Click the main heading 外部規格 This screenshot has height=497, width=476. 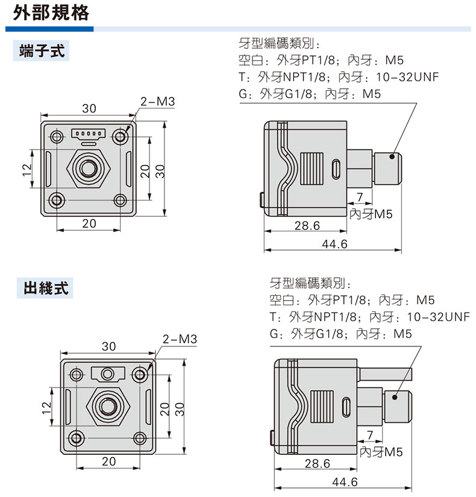tap(51, 13)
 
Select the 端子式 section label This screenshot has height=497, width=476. tap(42, 51)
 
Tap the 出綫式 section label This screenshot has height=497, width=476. tap(46, 288)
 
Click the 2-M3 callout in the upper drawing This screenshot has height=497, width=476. tap(158, 101)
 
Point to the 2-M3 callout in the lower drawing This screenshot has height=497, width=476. tap(180, 339)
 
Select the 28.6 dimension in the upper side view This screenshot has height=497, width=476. tap(307, 225)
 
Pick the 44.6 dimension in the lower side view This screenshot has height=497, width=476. tap(345, 482)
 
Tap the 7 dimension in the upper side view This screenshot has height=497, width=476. tap(359, 197)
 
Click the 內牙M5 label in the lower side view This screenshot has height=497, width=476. tap(381, 452)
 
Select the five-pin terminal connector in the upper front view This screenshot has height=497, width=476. tap(89, 134)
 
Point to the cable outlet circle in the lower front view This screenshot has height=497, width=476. tap(107, 374)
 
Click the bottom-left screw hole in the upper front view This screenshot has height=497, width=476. tap(57, 201)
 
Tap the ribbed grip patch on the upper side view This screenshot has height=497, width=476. tap(312, 169)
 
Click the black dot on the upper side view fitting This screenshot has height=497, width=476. tap(392, 156)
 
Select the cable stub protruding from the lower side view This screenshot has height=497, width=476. tap(384, 374)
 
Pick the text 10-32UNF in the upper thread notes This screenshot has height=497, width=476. tap(407, 77)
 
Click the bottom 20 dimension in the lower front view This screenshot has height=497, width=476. tap(108, 461)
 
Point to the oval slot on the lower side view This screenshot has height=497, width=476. tap(346, 407)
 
